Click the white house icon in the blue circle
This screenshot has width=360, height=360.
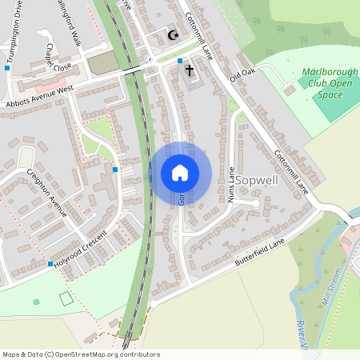click(180, 173)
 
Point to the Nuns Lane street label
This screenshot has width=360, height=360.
click(232, 184)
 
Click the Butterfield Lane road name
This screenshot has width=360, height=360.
click(260, 257)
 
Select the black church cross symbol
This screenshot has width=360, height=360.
click(190, 70)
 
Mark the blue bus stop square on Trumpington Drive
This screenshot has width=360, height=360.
click(7, 69)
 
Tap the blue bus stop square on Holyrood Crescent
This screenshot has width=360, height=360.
click(50, 264)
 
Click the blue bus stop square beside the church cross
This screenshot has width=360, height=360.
click(180, 61)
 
